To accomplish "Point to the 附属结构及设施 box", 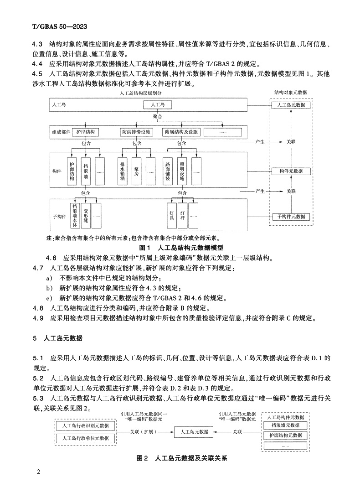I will tap(181, 132).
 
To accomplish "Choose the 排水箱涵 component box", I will tap(123, 171).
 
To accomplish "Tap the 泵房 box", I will tap(137, 171).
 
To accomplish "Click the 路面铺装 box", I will tap(168, 171).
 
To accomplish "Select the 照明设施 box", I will tap(182, 171).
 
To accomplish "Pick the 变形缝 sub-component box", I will tap(85, 215).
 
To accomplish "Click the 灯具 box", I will tap(172, 215).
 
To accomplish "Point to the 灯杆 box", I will tap(182, 215).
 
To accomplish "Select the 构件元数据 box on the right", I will tap(291, 171).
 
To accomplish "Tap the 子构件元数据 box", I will tap(291, 216).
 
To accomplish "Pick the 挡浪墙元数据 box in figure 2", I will tap(285, 425).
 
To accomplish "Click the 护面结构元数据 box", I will tap(285, 435).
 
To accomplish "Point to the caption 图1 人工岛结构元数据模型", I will tap(181, 248).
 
